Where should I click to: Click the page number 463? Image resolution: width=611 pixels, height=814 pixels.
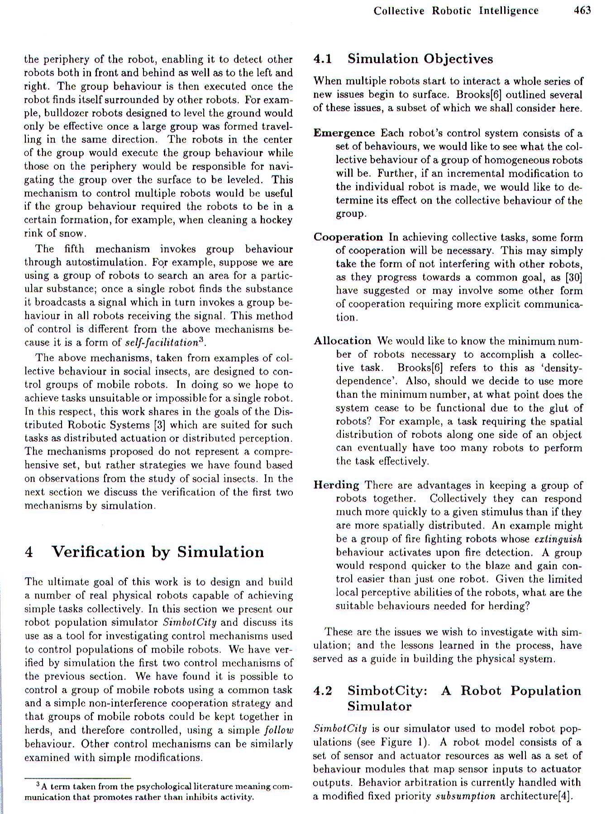coord(582,10)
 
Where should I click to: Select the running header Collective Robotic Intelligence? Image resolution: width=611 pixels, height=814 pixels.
coord(456,11)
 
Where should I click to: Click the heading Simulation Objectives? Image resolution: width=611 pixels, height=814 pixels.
coord(420,59)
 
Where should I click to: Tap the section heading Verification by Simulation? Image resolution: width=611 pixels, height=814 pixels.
coord(158,552)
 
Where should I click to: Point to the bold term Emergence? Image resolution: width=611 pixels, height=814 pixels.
coord(344,133)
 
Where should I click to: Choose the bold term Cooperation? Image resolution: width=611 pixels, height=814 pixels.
coord(348,237)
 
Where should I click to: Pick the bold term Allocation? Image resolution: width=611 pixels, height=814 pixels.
coord(342,341)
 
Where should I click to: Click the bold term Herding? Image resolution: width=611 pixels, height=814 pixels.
coord(336,485)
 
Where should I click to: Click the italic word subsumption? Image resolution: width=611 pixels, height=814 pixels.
coord(465,796)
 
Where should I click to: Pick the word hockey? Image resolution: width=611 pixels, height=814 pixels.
coord(277,220)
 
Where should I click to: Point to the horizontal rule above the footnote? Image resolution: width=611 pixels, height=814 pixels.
coord(78,779)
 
